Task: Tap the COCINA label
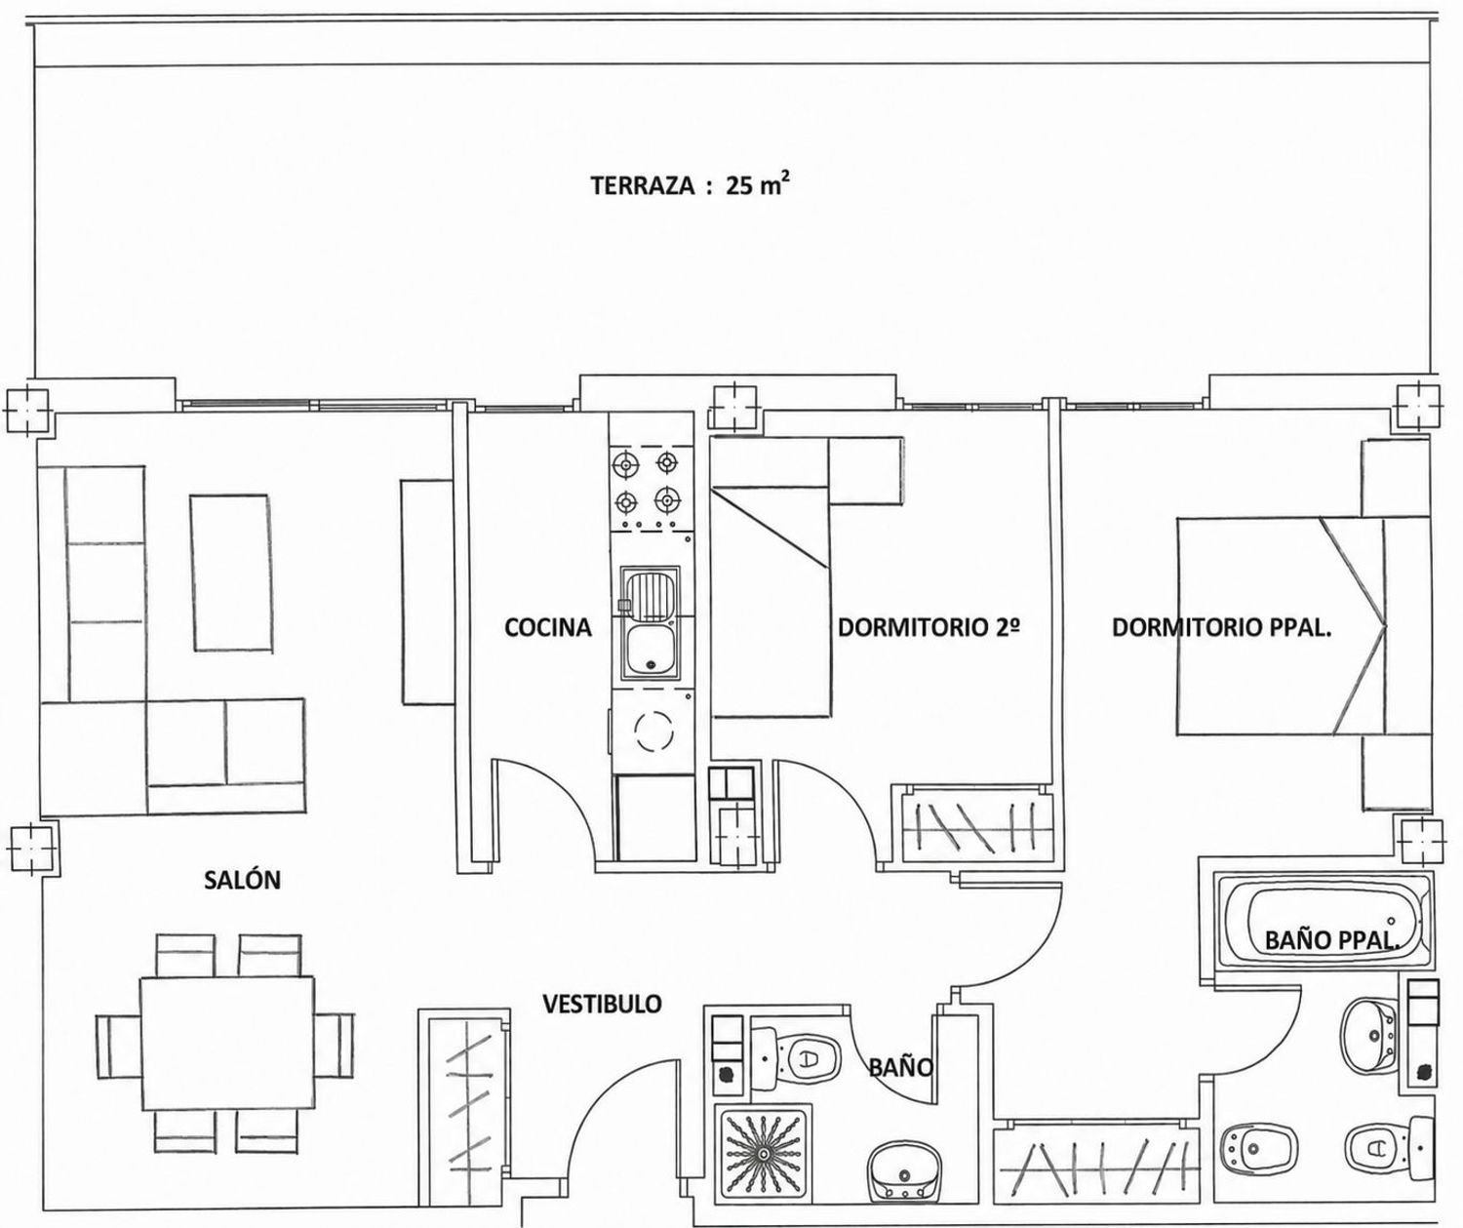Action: [548, 627]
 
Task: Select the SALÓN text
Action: [243, 880]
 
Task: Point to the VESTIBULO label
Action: [603, 1004]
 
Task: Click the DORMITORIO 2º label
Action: [929, 627]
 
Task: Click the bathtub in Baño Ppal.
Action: [1321, 920]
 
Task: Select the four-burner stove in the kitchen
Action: [647, 491]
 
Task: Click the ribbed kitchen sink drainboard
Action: [650, 593]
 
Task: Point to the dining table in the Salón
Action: [227, 1043]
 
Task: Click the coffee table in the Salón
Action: [231, 573]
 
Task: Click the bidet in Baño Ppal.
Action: [1258, 1148]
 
